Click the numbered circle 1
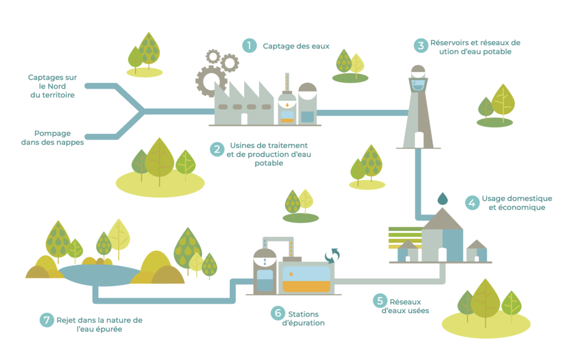pos(249,46)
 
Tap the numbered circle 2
pos(217,149)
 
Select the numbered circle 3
pos(420,46)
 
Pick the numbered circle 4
pos(472,203)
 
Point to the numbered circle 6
pos(278,314)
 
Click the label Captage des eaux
pos(296,46)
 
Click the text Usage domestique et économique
pos(516,203)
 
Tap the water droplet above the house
pos(442,198)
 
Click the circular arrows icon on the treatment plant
pos(332,255)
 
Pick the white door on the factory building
pos(244,119)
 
